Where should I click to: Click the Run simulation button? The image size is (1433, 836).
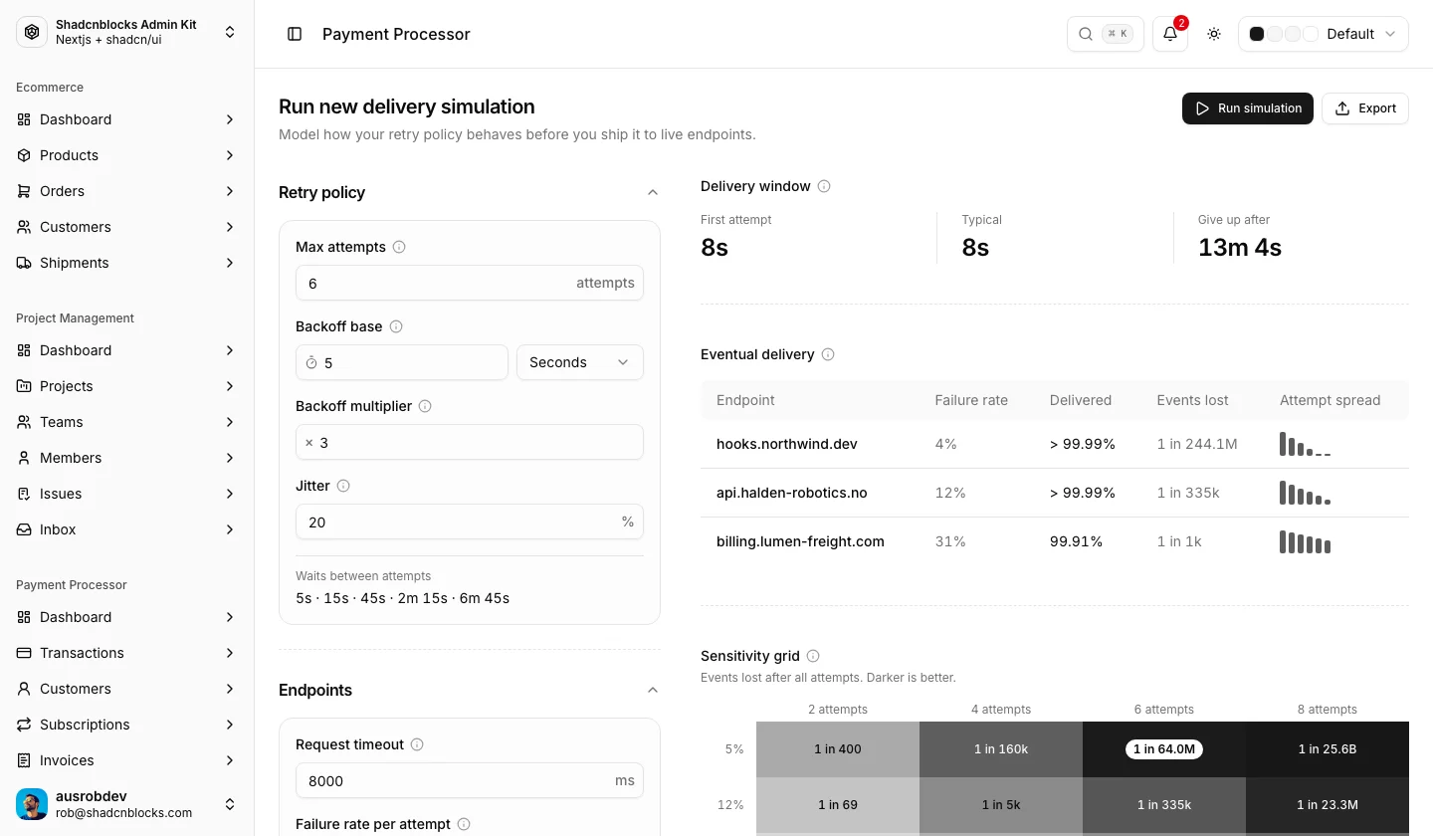pos(1247,108)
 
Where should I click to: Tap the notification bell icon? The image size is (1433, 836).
pos(1170,34)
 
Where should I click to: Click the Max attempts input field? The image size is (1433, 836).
pos(469,283)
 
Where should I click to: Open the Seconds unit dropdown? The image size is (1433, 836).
pos(579,362)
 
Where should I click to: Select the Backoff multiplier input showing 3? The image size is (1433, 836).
pos(469,442)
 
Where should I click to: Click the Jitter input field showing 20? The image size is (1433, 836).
pos(469,522)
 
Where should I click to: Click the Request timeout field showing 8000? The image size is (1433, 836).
pos(469,780)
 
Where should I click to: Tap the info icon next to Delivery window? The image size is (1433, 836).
pos(824,186)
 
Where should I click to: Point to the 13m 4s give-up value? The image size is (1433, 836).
pos(1239,248)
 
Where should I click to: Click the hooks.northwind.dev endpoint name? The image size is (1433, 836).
pos(786,444)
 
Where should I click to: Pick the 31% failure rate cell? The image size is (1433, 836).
pos(950,541)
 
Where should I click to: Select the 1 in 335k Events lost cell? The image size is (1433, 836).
pos(1188,493)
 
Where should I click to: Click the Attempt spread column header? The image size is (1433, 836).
pos(1330,400)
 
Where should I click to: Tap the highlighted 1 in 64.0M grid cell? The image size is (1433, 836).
pos(1163,749)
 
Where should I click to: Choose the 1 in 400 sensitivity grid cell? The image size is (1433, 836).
pos(838,749)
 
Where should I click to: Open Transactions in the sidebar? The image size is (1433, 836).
pos(82,653)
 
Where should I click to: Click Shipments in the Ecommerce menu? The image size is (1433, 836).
pos(75,263)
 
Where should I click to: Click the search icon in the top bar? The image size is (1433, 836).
pos(1085,34)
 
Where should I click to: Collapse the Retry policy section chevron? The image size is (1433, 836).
pos(653,192)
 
